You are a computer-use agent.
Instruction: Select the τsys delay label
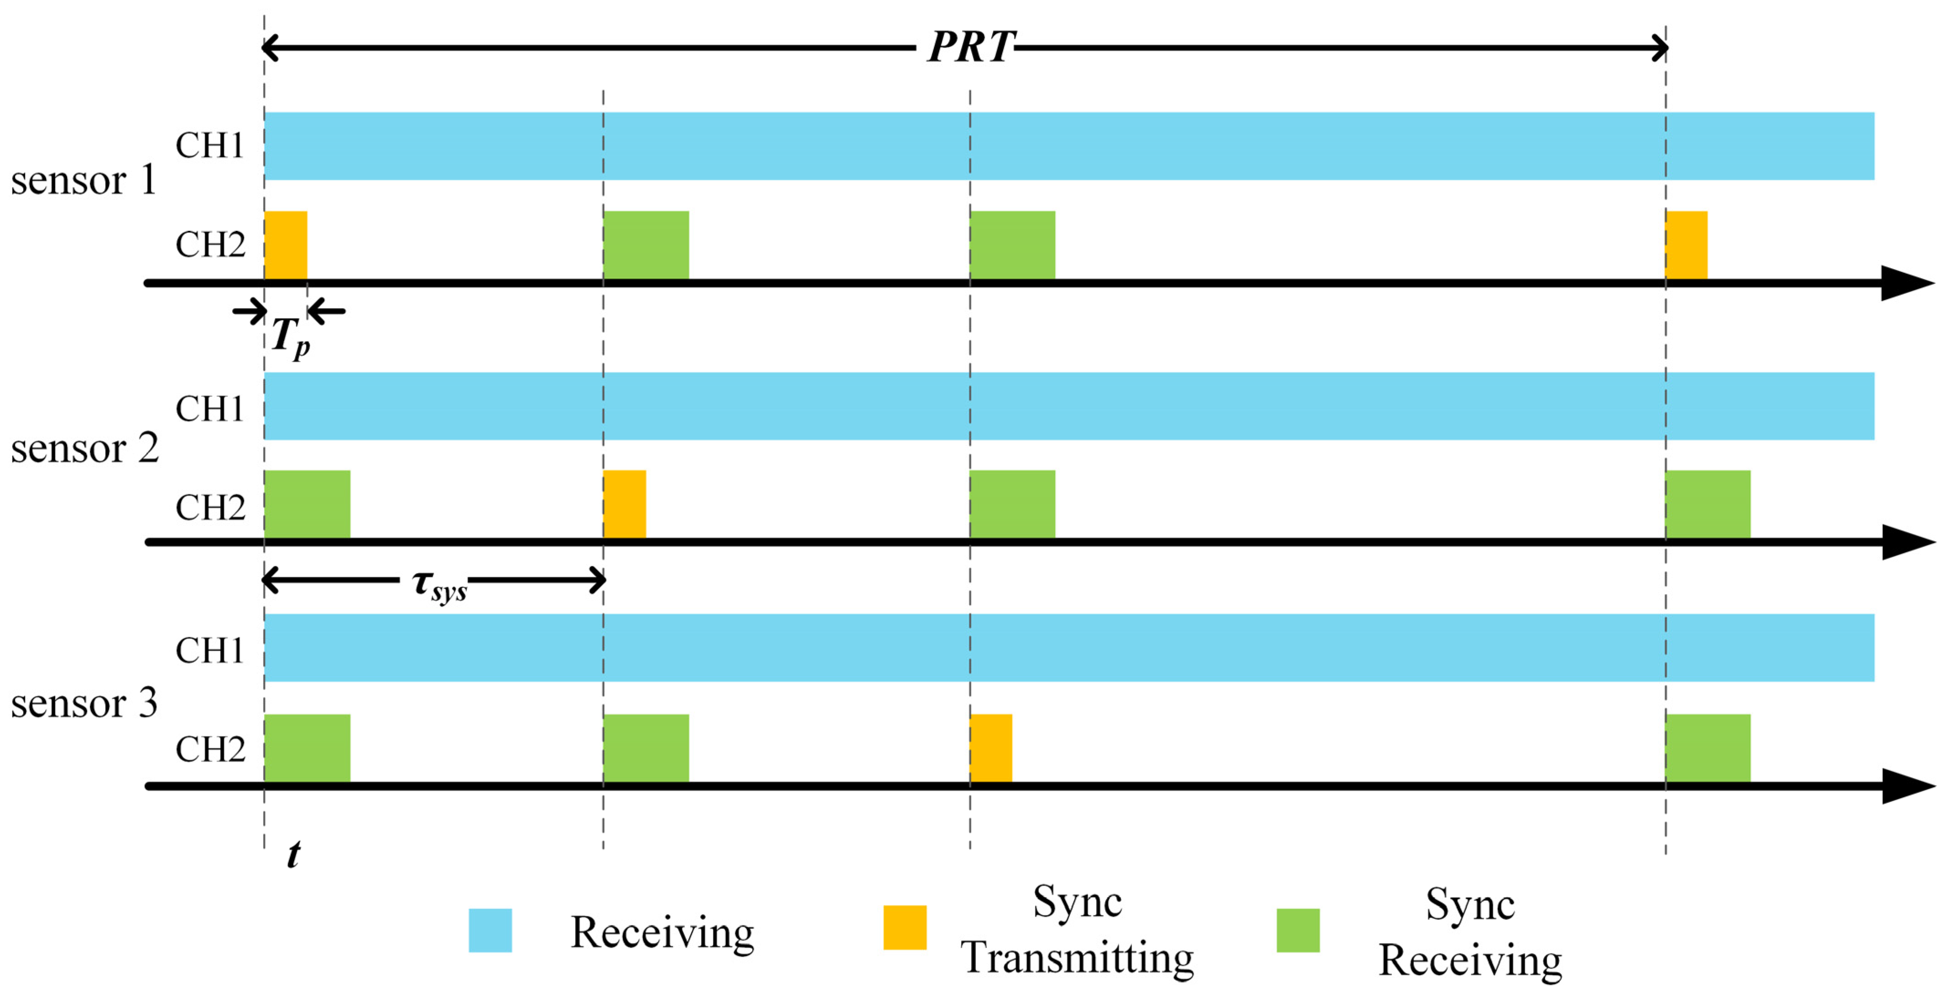(x=440, y=586)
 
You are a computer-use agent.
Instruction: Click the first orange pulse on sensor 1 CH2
(x=285, y=245)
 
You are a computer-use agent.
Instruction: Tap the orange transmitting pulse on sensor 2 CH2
(x=625, y=504)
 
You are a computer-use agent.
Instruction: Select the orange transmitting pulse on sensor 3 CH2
(x=991, y=748)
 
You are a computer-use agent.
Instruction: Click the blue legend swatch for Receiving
(x=490, y=930)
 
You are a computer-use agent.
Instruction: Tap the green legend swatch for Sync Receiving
(x=1298, y=930)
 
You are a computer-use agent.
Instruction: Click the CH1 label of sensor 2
(x=210, y=409)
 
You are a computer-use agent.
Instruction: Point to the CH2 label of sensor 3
(x=211, y=749)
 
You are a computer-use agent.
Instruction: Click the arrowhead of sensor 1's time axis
(x=1908, y=283)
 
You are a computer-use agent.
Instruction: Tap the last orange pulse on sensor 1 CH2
(x=1686, y=245)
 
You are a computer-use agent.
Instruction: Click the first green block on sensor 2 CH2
(x=307, y=504)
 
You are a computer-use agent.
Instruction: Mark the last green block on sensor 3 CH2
(x=1708, y=748)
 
